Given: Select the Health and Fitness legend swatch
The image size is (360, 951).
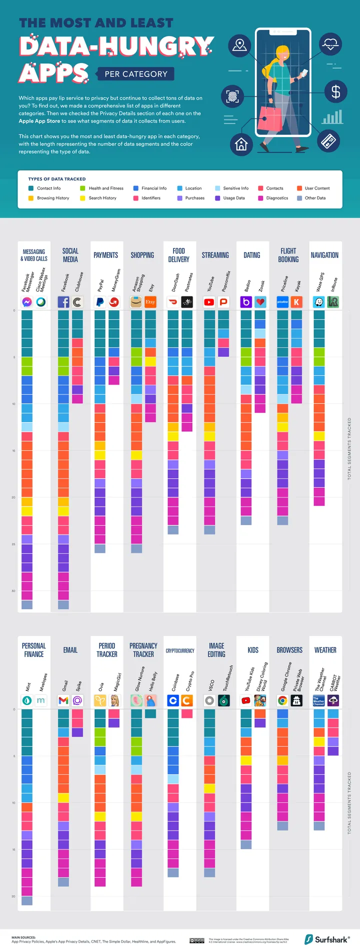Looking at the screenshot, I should [82, 188].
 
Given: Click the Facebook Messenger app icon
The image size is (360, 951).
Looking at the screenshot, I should [27, 302].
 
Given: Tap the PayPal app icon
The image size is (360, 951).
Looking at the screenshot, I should [100, 302].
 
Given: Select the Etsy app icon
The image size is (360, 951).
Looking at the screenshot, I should [150, 302].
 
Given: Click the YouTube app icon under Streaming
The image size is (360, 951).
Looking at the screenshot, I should [209, 302].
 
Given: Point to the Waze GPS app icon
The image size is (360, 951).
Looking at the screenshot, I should [319, 302].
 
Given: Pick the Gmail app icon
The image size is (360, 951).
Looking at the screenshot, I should [63, 700].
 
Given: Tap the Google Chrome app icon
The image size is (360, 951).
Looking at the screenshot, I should [282, 700].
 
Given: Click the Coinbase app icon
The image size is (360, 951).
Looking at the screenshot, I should [173, 700].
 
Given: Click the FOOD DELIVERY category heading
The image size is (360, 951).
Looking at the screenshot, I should [178, 255].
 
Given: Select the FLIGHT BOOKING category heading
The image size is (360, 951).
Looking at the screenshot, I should [288, 255].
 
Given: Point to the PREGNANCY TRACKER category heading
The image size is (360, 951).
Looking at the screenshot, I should [143, 650].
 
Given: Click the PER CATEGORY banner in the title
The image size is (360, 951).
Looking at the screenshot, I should [136, 74].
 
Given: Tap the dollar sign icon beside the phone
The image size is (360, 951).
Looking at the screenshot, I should [335, 91].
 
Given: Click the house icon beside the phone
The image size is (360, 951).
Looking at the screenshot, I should [241, 144].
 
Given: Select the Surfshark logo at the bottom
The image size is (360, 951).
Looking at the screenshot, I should [327, 939].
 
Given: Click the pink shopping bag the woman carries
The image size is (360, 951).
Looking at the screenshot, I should [272, 119].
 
